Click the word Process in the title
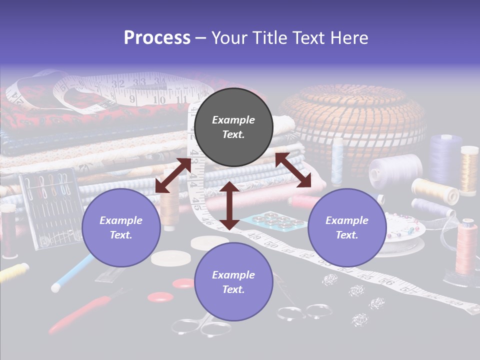157,38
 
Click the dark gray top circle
233,127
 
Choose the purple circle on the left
121,227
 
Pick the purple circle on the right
346,227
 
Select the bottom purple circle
233,281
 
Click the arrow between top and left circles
173,175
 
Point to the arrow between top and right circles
293,170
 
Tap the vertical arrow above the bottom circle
229,205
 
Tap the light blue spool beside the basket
338,160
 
